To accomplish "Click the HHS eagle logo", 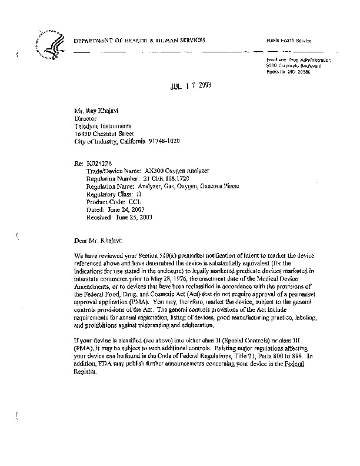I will click(52, 44).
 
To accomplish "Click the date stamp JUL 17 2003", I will click(186, 85).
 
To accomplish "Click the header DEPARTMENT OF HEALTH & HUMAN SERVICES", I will click(139, 40).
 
